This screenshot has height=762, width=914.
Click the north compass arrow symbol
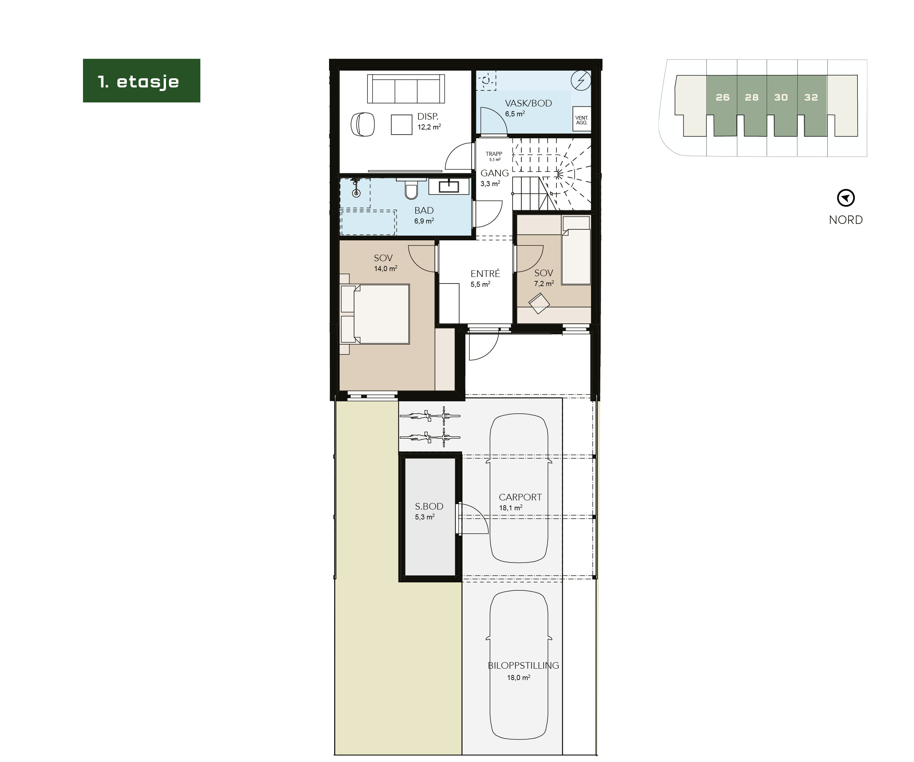tap(846, 198)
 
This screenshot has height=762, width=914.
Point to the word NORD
tap(845, 220)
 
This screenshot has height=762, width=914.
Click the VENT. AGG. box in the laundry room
tap(581, 120)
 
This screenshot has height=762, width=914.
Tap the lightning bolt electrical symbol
tap(581, 80)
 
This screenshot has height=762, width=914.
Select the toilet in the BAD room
tap(411, 190)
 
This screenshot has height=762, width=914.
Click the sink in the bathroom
tap(449, 186)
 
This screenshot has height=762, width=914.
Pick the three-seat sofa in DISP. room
tap(406, 89)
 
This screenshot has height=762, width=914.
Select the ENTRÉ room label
tap(485, 273)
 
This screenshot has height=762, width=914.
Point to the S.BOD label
tap(429, 506)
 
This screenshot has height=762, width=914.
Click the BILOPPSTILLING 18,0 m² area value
tap(518, 677)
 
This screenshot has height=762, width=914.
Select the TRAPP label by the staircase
tap(494, 154)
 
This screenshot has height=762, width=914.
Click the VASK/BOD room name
tap(528, 103)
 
